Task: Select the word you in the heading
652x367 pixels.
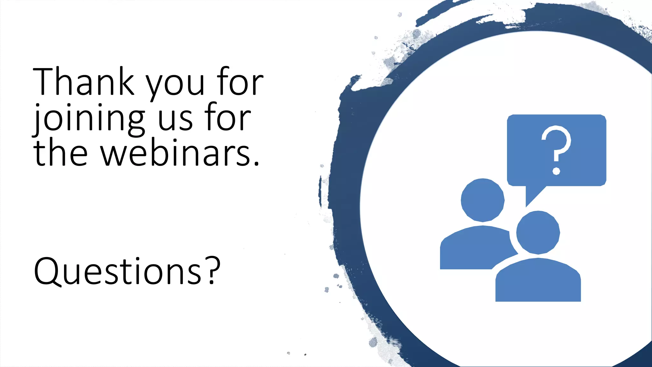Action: pos(175,85)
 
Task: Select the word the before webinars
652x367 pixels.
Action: pos(60,153)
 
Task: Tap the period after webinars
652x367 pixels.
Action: pos(257,163)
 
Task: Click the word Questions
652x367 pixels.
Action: pos(118,271)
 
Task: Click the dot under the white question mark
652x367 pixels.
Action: pos(556,171)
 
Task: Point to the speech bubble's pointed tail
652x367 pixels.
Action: pos(532,195)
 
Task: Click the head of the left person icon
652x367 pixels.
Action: pos(483,200)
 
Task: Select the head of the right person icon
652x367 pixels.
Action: pos(538,233)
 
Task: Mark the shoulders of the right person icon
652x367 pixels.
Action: pos(538,280)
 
